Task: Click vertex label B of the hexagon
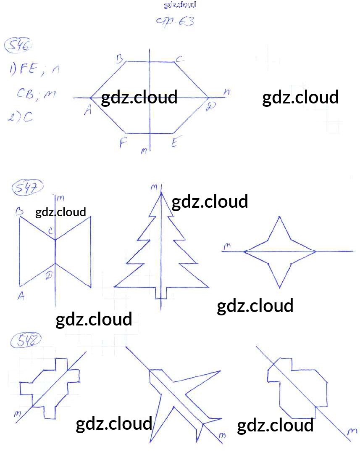(120, 59)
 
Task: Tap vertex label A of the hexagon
(88, 110)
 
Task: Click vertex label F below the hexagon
(123, 144)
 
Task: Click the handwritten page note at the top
(175, 21)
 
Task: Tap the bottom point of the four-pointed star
(280, 288)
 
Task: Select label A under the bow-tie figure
(21, 296)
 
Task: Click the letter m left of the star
(227, 247)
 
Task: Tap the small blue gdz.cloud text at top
(179, 5)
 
